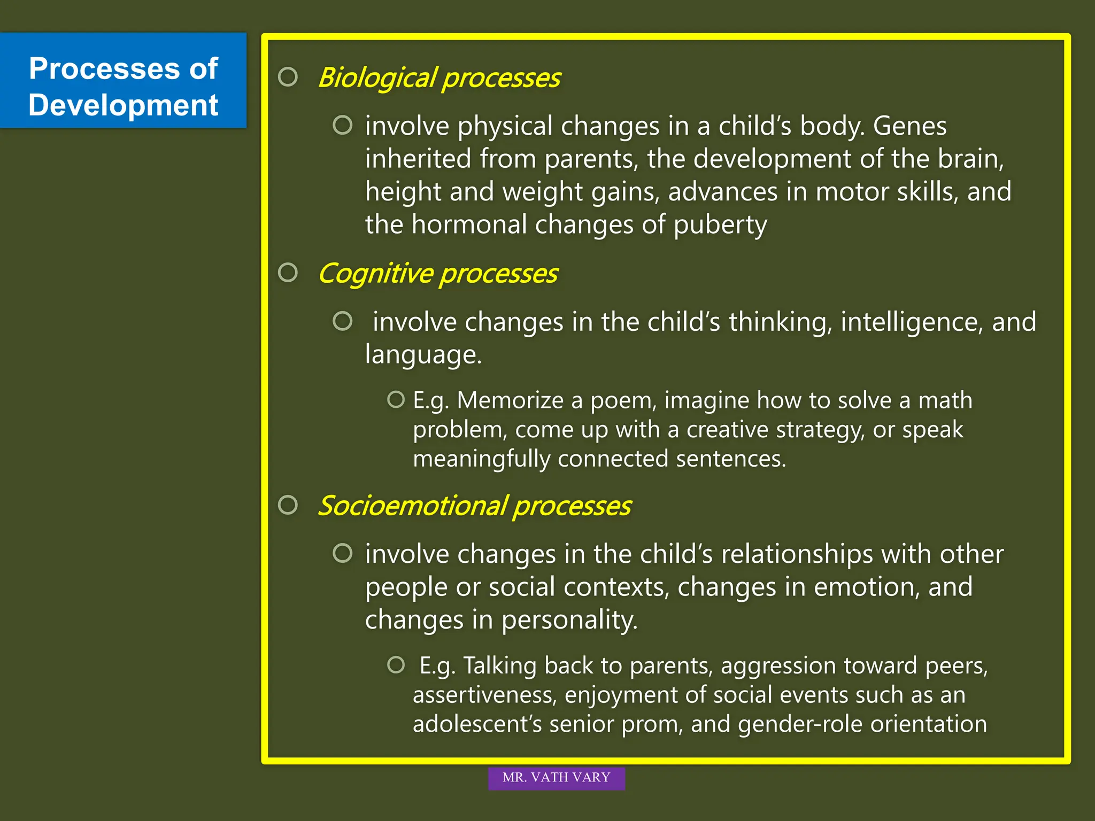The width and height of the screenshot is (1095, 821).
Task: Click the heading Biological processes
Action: coord(438,78)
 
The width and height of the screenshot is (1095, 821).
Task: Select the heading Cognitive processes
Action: coord(437,274)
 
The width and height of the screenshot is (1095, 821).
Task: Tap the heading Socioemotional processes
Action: coord(474,506)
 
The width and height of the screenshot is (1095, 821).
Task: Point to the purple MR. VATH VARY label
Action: coord(556,778)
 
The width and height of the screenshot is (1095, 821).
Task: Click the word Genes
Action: coord(909,126)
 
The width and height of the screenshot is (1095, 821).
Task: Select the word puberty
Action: coord(720,225)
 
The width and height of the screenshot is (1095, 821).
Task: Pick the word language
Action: coord(422,355)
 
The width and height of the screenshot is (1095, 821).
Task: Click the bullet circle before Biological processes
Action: coord(288,77)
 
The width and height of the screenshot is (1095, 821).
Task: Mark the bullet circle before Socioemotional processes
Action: coord(288,505)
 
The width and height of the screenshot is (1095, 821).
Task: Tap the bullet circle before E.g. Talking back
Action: coord(396,665)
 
